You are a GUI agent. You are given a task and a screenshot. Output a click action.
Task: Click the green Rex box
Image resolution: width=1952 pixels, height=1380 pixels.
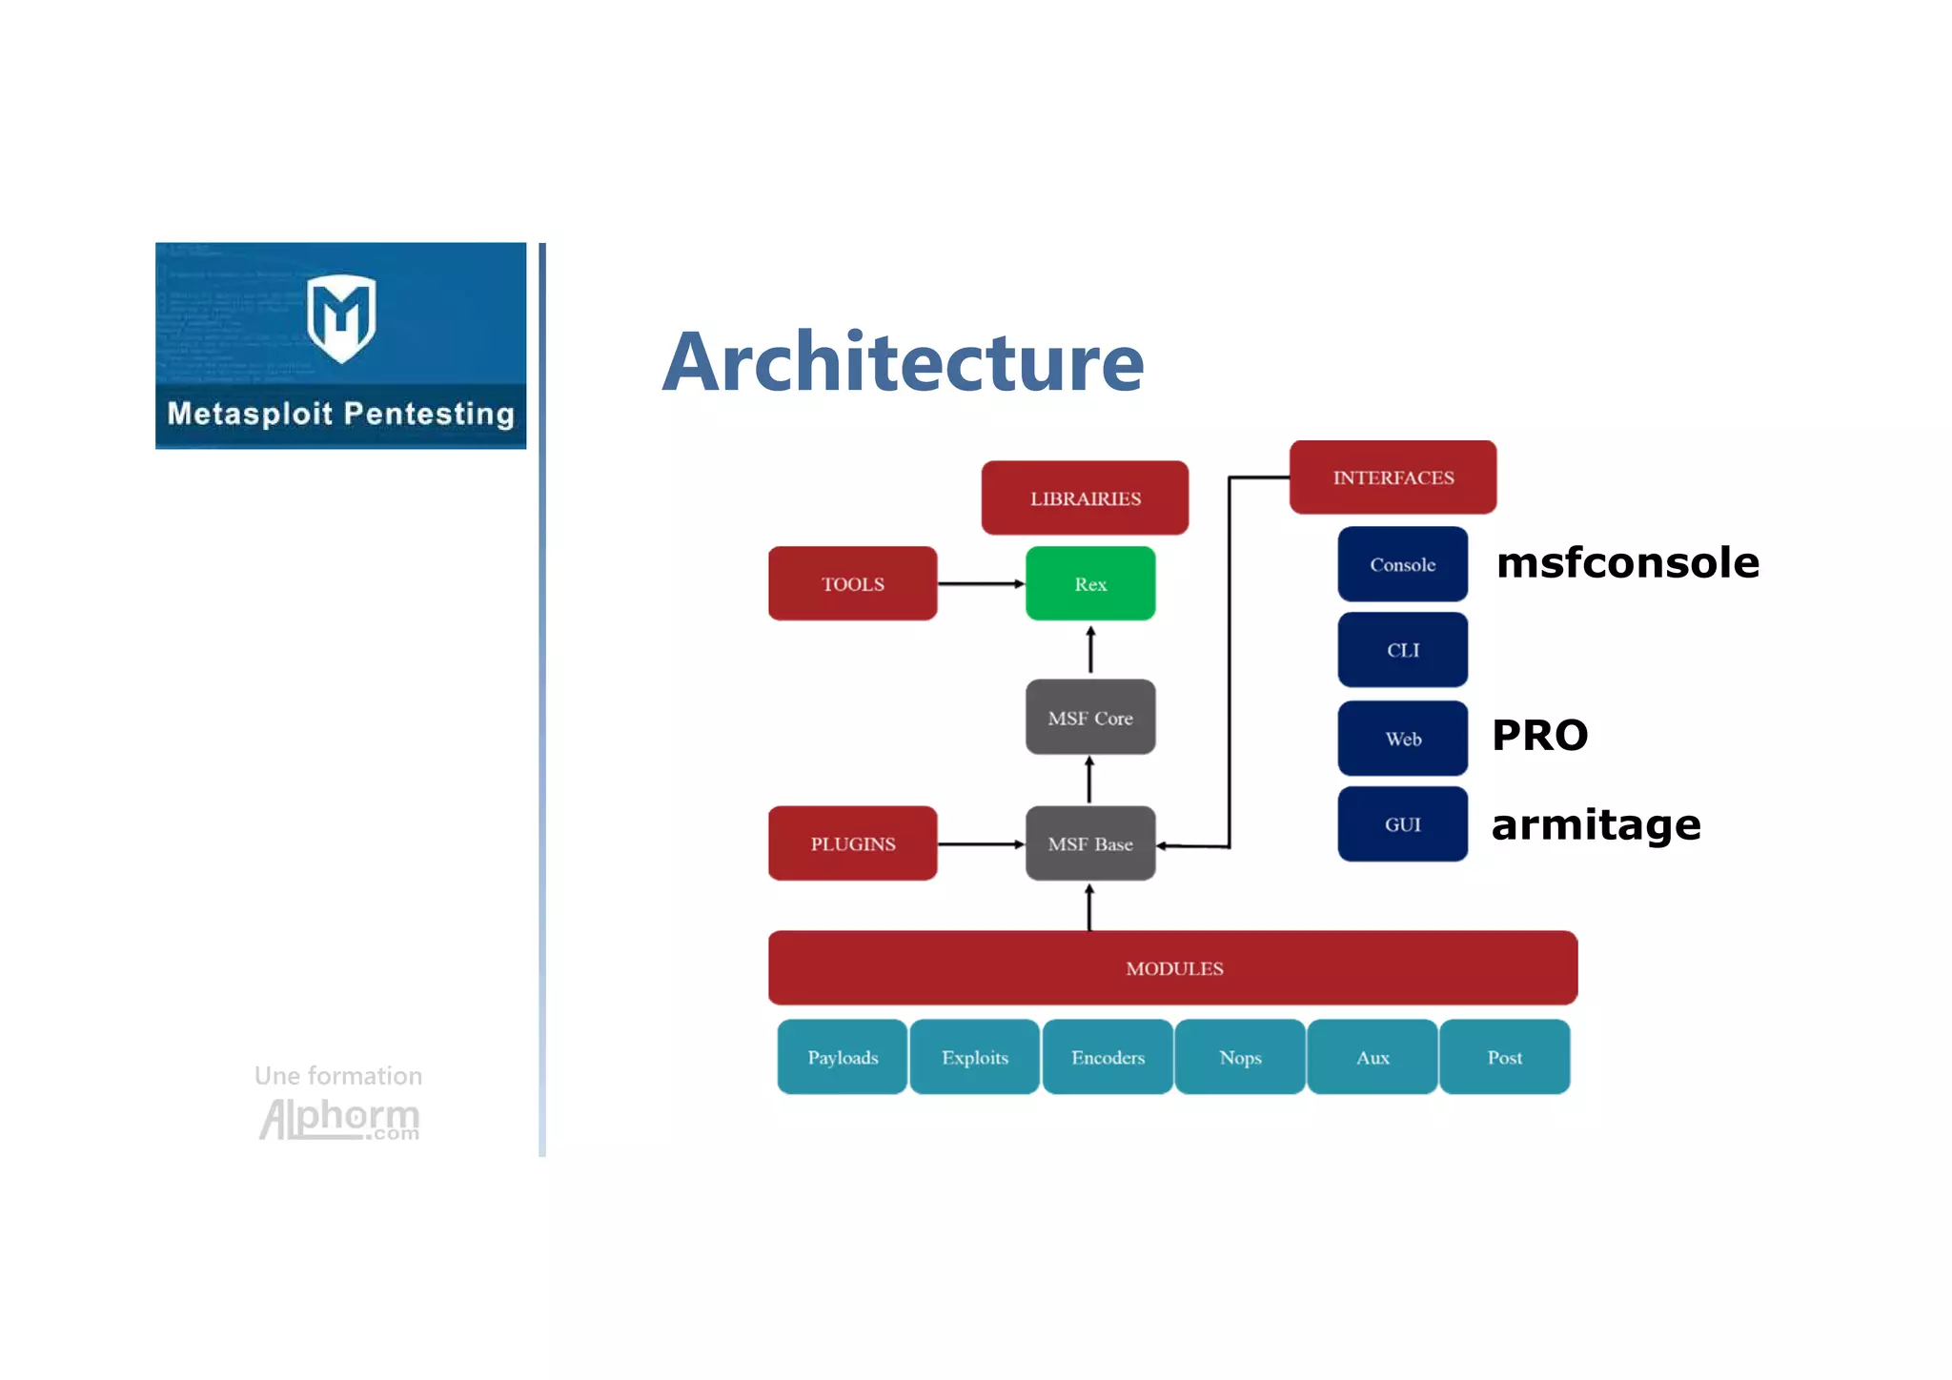tap(1090, 583)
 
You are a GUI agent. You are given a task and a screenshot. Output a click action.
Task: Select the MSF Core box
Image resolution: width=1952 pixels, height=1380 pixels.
tap(1090, 718)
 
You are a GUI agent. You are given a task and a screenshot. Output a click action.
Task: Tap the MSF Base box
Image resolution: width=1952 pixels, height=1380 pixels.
tap(1090, 843)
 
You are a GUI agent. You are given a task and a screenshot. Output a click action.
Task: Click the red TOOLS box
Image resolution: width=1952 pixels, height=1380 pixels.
tap(852, 583)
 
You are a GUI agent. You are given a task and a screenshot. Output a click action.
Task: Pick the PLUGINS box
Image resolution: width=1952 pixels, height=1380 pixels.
tap(852, 843)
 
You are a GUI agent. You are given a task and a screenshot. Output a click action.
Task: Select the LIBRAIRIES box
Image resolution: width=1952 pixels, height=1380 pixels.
tap(1085, 497)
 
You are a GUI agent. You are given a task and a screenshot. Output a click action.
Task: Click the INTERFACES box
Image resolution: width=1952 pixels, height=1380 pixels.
tap(1393, 477)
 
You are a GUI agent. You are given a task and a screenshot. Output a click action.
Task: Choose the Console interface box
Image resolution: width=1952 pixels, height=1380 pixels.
tap(1402, 564)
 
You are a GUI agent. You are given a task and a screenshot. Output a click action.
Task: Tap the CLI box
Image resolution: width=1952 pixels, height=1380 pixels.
tap(1402, 650)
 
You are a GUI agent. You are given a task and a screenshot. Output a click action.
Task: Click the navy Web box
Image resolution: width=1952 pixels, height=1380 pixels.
tap(1402, 739)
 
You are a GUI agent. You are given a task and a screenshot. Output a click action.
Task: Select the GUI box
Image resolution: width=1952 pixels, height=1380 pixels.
tap(1402, 824)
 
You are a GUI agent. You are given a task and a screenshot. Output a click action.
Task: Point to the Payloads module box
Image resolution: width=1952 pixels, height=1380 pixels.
tap(843, 1057)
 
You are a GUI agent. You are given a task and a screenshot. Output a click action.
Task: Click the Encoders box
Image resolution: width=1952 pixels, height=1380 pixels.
tap(1108, 1057)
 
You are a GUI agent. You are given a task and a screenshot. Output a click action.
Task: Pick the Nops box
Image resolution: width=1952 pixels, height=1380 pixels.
tap(1240, 1057)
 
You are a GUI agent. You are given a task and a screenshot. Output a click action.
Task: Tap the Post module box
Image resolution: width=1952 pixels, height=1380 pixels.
tap(1504, 1057)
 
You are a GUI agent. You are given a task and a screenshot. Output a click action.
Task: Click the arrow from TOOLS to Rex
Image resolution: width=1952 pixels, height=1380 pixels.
tap(981, 583)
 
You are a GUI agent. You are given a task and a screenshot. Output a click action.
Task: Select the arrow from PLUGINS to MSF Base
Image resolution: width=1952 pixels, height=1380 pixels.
tap(981, 843)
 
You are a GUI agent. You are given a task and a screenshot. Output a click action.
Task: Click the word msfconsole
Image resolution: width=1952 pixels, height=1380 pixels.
tap(1627, 562)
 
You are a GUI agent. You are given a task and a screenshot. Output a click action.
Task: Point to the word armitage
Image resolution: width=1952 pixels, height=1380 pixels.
tap(1596, 824)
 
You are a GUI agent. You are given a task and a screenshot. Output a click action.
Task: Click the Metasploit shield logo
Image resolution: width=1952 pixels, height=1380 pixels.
tap(341, 318)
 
